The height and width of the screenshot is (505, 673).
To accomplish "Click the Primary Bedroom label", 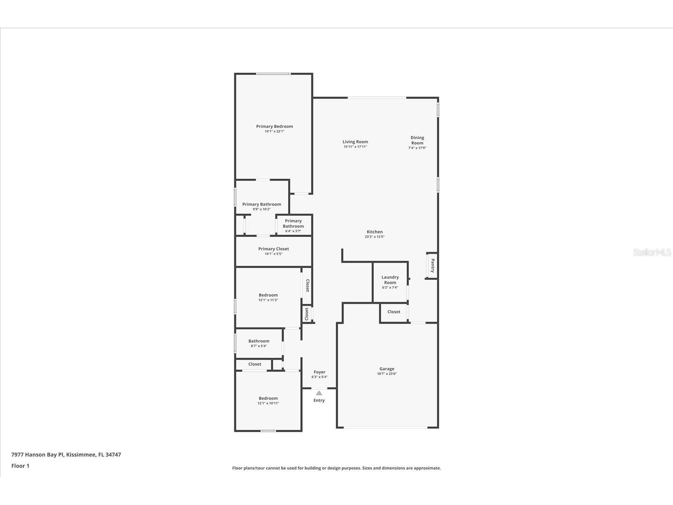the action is (x=274, y=126).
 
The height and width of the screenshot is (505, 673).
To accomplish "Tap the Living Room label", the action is (x=355, y=142).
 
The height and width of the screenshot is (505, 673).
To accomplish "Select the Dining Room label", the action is (x=417, y=140).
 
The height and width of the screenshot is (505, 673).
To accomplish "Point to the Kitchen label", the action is (x=375, y=232).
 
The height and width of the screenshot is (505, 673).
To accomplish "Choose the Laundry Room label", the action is (x=390, y=279).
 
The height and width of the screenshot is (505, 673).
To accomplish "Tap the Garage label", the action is (x=387, y=369).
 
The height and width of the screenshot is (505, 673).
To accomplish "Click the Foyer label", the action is (x=320, y=372).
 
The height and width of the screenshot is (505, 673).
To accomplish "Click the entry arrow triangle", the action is (x=319, y=393).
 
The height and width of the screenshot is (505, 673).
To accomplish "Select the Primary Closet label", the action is (x=273, y=249).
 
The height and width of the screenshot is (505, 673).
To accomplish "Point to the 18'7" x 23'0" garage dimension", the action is (x=387, y=374).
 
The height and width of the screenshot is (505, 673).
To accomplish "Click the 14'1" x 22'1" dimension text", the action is (x=274, y=131).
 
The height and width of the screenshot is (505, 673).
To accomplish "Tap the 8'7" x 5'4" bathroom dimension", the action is (x=259, y=346).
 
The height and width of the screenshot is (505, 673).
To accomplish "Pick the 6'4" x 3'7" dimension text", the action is (x=293, y=231).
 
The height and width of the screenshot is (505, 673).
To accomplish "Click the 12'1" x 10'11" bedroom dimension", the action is (x=268, y=403).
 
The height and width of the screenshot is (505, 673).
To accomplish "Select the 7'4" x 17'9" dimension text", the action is (x=417, y=148).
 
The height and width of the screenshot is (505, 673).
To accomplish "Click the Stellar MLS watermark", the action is (x=652, y=252).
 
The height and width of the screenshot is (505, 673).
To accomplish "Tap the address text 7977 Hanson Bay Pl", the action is (x=38, y=455).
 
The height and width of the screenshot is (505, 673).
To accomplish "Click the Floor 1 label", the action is (x=20, y=466).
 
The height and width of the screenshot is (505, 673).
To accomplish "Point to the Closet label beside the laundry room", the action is (x=394, y=312).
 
